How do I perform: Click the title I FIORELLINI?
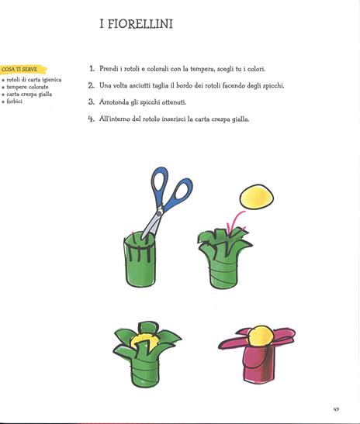coord(136,24)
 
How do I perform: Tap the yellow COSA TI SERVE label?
coord(22,70)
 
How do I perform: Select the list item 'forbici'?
coord(14,102)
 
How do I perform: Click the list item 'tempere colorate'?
coord(27,87)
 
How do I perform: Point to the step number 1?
coord(92,68)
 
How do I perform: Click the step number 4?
coord(92,119)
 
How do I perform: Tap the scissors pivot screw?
coord(159,213)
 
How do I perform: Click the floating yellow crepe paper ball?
coord(257,197)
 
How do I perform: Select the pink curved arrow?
coord(234,222)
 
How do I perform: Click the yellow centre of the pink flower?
coord(261,336)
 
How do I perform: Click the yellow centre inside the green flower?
coord(143,342)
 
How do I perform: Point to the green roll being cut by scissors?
coord(140,259)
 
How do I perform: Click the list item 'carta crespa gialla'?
coord(29,95)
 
